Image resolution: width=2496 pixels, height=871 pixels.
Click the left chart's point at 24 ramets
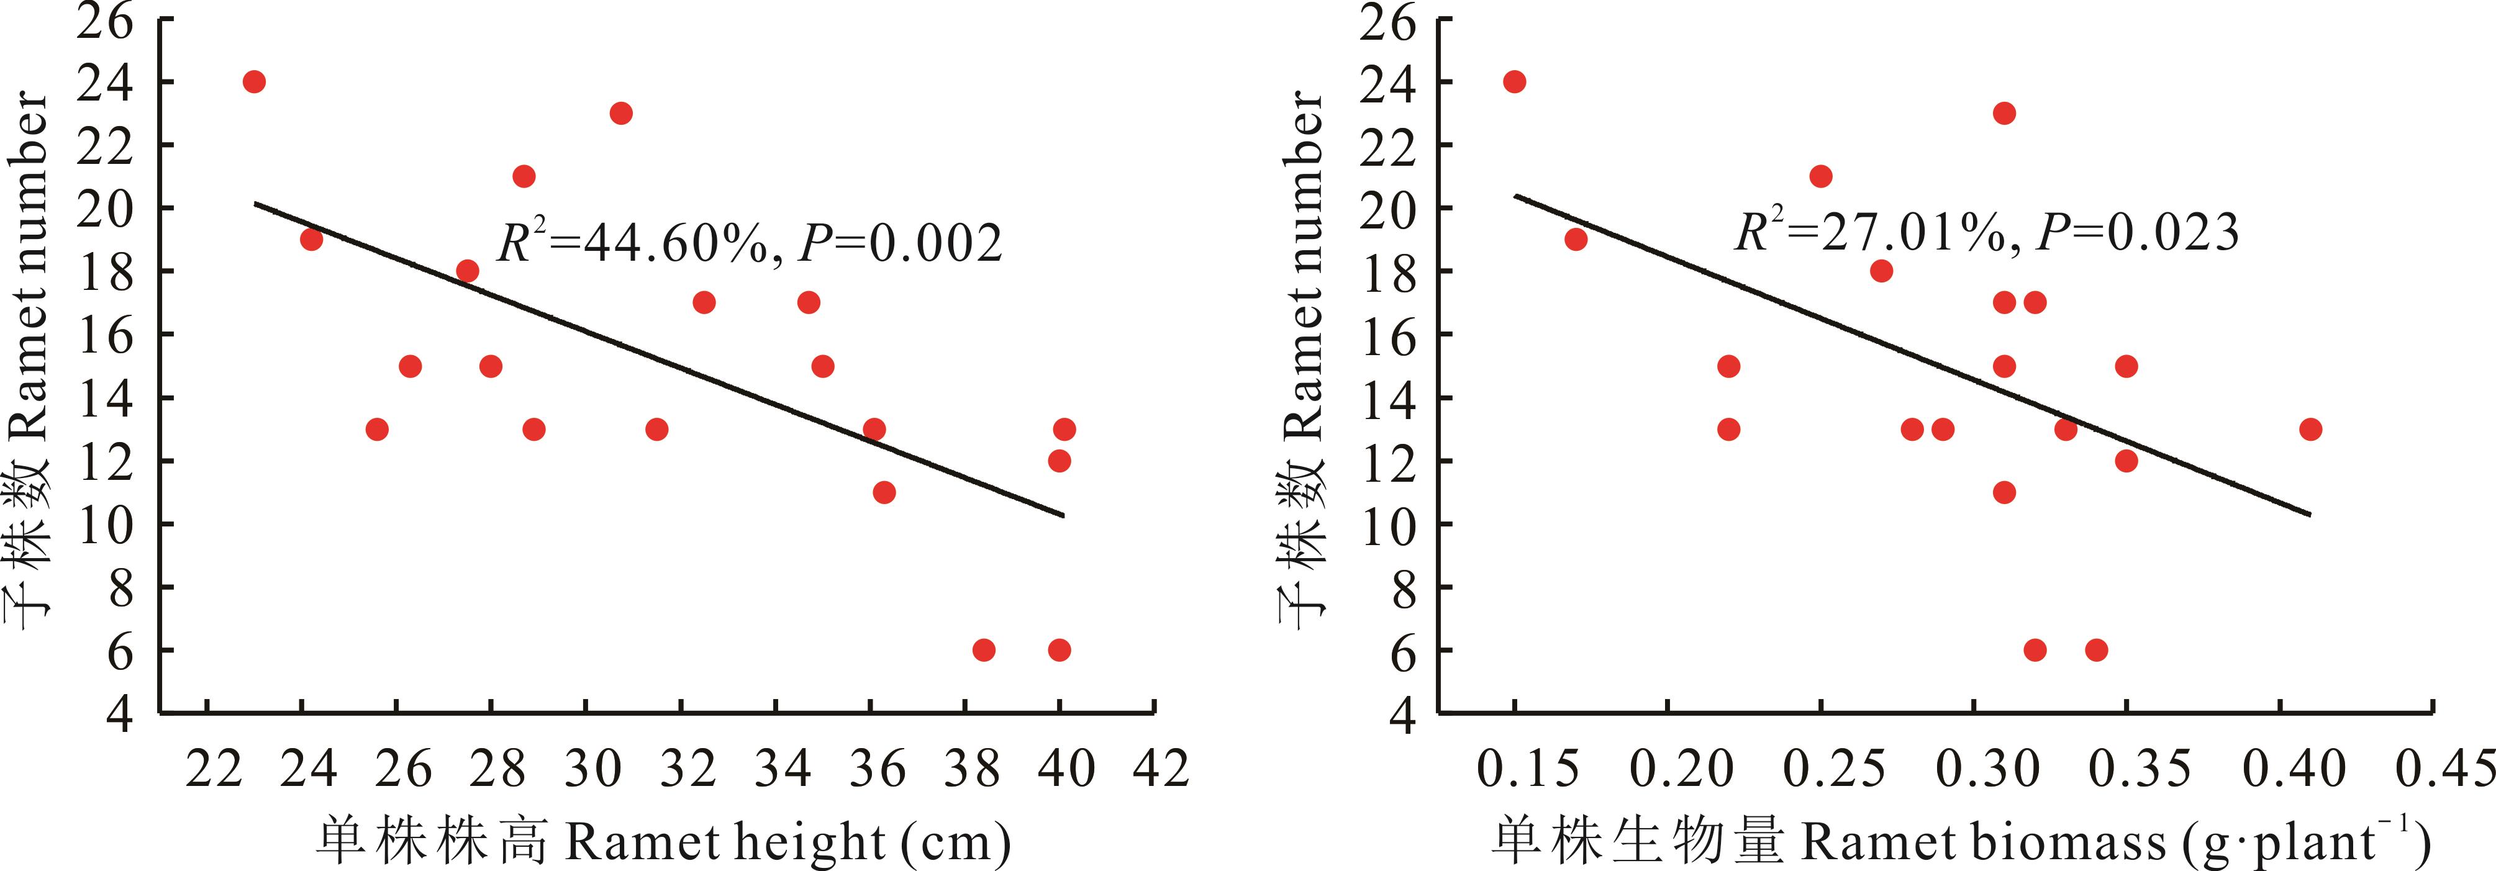pos(254,81)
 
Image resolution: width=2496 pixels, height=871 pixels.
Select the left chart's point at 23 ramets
pos(621,114)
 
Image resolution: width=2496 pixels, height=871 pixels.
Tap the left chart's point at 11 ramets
pos(884,492)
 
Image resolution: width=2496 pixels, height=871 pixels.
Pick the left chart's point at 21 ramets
pos(524,176)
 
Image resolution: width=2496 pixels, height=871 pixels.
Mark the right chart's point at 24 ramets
pos(1515,81)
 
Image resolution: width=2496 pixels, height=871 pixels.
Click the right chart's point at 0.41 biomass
pos(2311,429)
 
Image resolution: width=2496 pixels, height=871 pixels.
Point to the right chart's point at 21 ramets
pos(1821,176)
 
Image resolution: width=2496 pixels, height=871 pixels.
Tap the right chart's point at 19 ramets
pos(1576,239)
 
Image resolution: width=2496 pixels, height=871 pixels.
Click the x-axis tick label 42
pos(1161,769)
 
